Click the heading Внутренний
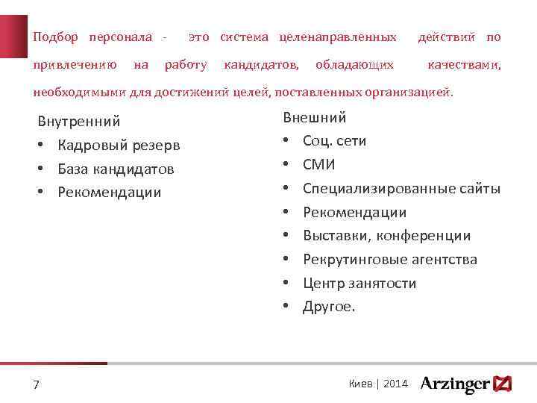click(x=78, y=121)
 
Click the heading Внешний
click(x=314, y=117)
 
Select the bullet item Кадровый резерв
click(x=119, y=145)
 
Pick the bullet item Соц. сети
click(x=334, y=141)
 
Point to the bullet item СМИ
click(x=319, y=165)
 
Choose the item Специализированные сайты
click(x=401, y=189)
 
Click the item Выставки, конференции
click(x=386, y=236)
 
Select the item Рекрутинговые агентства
click(x=389, y=260)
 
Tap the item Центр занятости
click(x=359, y=284)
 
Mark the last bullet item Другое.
click(x=329, y=307)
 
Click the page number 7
click(x=36, y=385)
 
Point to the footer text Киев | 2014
click(x=378, y=384)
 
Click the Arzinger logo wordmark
click(x=455, y=384)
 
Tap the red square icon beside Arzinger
click(x=503, y=384)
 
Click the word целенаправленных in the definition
click(x=338, y=37)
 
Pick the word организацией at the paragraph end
click(x=415, y=93)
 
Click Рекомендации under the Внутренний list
click(x=109, y=193)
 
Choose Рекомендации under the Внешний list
click(x=354, y=213)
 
